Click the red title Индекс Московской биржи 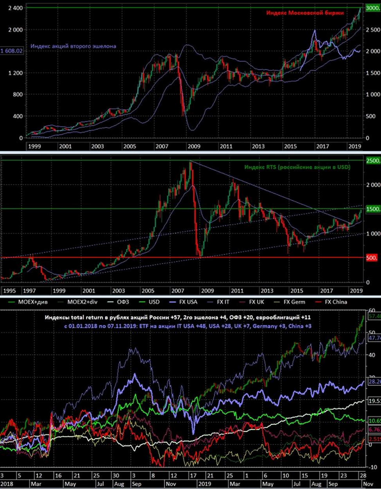[305, 13]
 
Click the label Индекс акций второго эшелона [73, 46]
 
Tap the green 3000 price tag [372, 8]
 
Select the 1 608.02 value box [12, 51]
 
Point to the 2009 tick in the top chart [194, 146]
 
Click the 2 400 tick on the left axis [15, 8]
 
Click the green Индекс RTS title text [297, 167]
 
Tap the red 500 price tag [372, 258]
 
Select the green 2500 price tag [372, 161]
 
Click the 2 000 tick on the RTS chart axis [372, 185]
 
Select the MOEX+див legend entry [30, 302]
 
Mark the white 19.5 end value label [374, 401]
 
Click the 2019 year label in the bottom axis [204, 484]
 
